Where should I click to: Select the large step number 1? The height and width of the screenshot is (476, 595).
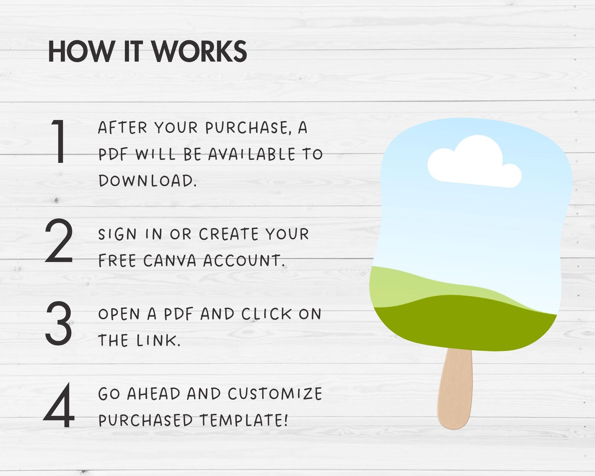coord(59,141)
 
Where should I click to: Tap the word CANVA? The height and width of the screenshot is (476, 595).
coord(170,261)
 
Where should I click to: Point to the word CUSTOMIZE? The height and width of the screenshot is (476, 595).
coord(275,393)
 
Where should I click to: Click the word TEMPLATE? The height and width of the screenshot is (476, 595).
coord(244,420)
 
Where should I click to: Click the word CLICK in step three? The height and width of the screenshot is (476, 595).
coord(266,314)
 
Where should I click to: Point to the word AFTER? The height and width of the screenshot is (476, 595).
coord(123,127)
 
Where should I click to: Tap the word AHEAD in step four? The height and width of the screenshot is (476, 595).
coord(154,393)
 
